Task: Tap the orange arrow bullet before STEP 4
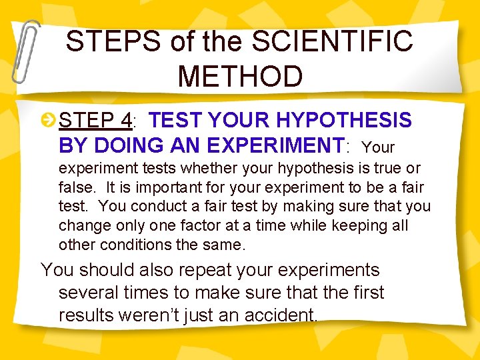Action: pyautogui.click(x=49, y=121)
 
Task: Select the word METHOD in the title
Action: pyautogui.click(x=240, y=77)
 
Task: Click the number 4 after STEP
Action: pyautogui.click(x=125, y=121)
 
